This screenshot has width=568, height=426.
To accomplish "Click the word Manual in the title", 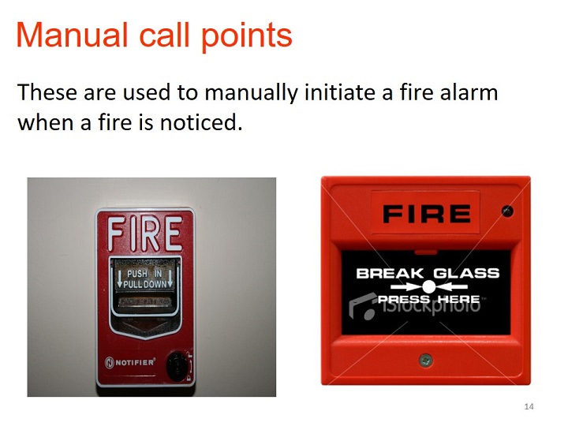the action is coord(72,35).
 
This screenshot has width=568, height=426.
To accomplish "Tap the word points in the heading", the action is coord(246,37).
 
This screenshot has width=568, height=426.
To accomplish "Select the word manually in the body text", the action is coord(251,93).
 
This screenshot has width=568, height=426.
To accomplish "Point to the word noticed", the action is coord(201,122).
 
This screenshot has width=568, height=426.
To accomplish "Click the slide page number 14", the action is coord(529,406).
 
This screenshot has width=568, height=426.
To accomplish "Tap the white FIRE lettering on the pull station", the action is coord(145,234).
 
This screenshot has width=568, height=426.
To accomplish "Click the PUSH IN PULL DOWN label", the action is coord(145,278).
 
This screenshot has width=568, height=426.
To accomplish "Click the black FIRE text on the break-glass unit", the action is coord(427,213).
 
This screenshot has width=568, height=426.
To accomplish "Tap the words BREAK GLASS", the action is coord(428,273).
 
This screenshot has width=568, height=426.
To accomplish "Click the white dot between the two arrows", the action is coord(428,287).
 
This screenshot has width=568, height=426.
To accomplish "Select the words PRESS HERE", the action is coord(428,299).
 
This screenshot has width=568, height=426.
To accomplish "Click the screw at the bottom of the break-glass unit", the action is coord(426,360).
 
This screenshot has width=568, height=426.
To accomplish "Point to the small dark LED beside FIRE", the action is coord(507,211).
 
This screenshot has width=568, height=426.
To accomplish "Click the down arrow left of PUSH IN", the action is coord(119,277).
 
